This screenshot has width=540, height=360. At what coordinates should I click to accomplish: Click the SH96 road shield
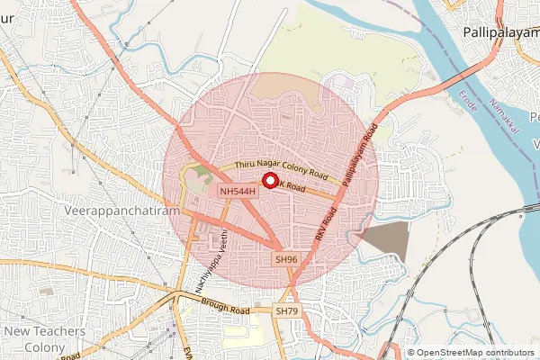coord(286,259)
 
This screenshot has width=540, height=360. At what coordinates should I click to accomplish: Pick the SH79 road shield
coord(286,310)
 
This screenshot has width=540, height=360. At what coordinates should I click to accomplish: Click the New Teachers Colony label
coord(44,339)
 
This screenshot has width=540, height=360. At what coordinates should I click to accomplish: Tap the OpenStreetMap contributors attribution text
coord(474,353)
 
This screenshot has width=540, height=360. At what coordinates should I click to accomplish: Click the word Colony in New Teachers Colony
coord(44,347)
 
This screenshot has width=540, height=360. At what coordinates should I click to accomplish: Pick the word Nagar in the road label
coord(282,168)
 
